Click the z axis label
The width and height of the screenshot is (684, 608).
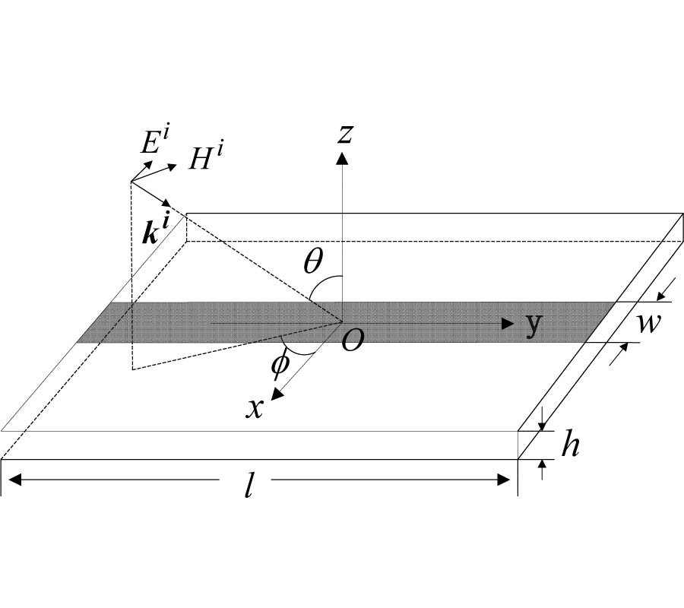coord(345,134)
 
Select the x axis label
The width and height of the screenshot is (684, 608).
coord(255,408)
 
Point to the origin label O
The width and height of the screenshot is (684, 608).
coord(352,341)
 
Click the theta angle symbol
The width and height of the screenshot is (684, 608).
coord(312,261)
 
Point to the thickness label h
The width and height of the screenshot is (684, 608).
coord(570,446)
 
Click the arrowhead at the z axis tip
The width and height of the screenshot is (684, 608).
coord(342,157)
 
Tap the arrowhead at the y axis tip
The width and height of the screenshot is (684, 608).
coord(508,324)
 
